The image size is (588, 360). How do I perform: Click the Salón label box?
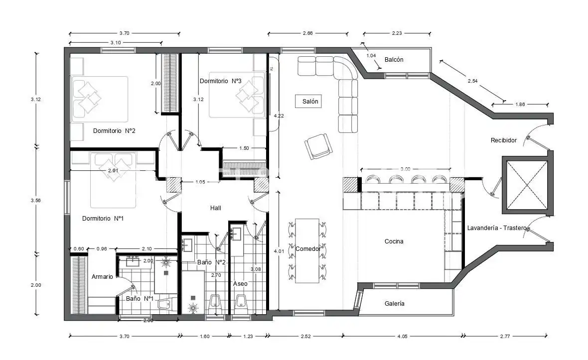coord(308,101)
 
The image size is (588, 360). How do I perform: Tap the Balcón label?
coord(394,60)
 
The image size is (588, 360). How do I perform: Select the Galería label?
coord(394,303)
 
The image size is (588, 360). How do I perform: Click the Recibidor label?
coord(504,140)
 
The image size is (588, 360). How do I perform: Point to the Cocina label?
coord(394,241)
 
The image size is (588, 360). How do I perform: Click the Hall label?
coord(216,208)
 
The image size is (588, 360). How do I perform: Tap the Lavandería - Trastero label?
coord(496,228)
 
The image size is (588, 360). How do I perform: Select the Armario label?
coord(102,276)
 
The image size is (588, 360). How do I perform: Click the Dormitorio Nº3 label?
coord(220,81)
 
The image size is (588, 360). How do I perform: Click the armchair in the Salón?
coord(318,146)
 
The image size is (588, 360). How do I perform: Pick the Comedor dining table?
coord(307,250)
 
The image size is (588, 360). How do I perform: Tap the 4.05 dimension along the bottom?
coord(402,337)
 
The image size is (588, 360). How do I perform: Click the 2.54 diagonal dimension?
coord(472,81)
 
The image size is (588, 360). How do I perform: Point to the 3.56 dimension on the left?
coord(35,201)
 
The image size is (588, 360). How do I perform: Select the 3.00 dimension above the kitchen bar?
coord(406,169)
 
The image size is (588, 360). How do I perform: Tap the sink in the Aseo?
coord(236,234)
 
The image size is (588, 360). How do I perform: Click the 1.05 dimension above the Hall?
coord(200,182)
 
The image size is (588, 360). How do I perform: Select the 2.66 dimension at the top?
coord(307,33)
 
